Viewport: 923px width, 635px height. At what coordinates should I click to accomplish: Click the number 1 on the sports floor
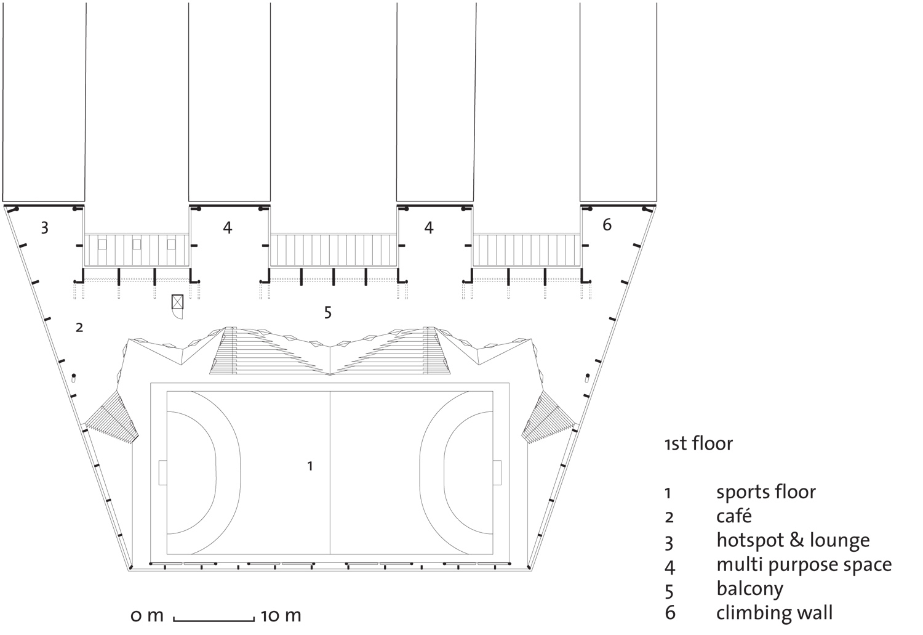[310, 466]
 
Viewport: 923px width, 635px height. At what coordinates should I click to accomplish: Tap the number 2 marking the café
[79, 328]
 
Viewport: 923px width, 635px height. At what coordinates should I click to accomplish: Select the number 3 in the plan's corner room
[44, 228]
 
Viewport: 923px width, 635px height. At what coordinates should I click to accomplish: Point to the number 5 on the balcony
[327, 313]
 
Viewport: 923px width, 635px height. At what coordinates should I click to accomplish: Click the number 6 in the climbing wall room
[607, 225]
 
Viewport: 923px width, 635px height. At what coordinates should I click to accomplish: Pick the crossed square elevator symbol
[177, 301]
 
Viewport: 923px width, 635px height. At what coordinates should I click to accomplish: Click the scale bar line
[214, 620]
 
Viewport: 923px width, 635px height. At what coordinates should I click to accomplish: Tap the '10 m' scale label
[281, 616]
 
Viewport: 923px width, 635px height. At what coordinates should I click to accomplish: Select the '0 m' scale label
[147, 616]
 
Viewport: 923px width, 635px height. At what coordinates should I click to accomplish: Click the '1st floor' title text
[699, 444]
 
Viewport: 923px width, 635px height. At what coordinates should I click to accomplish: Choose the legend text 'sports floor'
[766, 492]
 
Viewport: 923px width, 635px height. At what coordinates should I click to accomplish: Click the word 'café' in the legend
[734, 516]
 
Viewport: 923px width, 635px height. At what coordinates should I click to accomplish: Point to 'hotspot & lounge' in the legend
[793, 540]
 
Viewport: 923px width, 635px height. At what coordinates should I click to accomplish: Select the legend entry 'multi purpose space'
[804, 565]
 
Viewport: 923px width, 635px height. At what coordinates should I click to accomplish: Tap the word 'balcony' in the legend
[750, 589]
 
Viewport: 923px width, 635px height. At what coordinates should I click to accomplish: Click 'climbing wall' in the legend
[775, 613]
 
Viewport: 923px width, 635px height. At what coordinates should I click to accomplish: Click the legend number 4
[669, 567]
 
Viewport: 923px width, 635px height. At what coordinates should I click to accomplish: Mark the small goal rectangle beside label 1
[163, 472]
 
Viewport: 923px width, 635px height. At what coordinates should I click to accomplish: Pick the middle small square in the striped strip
[137, 245]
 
